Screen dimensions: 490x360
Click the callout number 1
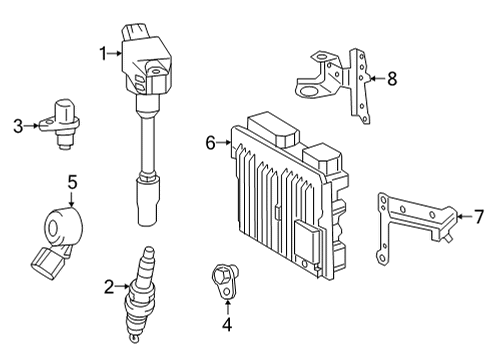[104, 53]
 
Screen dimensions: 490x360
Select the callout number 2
[109, 287]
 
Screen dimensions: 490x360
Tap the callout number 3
[18, 126]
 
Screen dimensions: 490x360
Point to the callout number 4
[227, 324]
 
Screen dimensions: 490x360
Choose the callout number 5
[72, 182]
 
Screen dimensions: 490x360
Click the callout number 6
[211, 143]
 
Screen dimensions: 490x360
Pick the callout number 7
[479, 217]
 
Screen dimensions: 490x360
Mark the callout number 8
[392, 79]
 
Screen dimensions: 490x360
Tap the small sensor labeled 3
[60, 123]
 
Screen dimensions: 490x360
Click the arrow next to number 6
[224, 143]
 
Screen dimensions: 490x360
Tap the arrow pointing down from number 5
[72, 199]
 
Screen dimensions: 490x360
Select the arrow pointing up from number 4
[227, 308]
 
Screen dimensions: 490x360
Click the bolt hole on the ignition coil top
[155, 71]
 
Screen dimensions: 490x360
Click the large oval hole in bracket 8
[309, 91]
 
